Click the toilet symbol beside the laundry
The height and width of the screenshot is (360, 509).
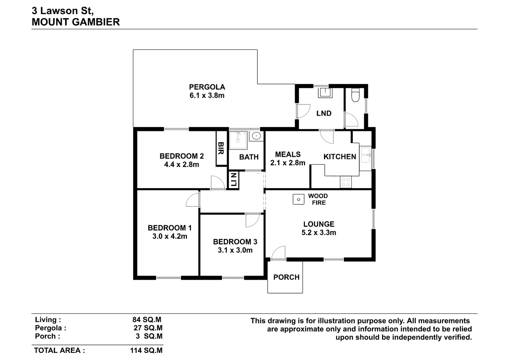[355, 95]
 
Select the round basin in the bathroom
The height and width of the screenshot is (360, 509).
[256, 136]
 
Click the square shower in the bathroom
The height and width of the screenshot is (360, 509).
[238, 140]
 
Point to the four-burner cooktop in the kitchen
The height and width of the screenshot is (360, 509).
[345, 182]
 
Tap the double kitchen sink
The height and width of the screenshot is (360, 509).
[366, 155]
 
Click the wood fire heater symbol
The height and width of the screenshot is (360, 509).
[298, 199]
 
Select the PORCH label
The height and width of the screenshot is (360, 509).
[286, 277]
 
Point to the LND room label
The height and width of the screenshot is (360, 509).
[324, 113]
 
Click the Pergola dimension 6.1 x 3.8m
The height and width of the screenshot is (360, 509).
[207, 95]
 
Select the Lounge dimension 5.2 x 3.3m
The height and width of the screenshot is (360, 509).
[318, 232]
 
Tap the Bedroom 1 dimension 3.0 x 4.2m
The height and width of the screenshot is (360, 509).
[170, 236]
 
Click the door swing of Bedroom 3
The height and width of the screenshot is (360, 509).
[252, 220]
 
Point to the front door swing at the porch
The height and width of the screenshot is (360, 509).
[278, 252]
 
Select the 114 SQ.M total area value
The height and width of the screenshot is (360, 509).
[146, 350]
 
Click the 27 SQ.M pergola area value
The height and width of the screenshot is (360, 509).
[148, 328]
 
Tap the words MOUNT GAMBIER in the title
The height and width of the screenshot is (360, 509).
[76, 22]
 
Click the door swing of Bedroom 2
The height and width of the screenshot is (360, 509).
[218, 182]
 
